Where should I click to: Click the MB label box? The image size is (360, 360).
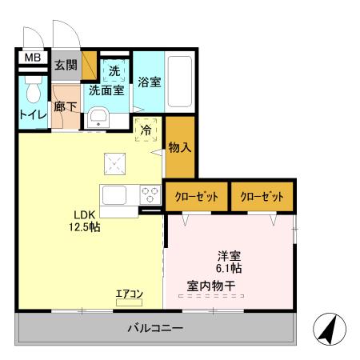pos(31,58)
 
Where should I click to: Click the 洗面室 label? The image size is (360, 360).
pos(106,90)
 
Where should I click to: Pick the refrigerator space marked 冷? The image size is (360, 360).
pos(146,130)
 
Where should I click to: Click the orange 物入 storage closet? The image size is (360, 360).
pos(180,147)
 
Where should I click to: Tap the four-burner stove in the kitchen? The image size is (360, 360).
pos(150,194)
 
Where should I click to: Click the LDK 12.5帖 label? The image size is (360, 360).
pos(83,220)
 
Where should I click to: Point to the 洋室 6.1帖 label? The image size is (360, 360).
pos(230,262)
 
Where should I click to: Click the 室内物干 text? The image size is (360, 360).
pos(211,285)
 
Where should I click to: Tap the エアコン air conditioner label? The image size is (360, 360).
pos(129,294)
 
